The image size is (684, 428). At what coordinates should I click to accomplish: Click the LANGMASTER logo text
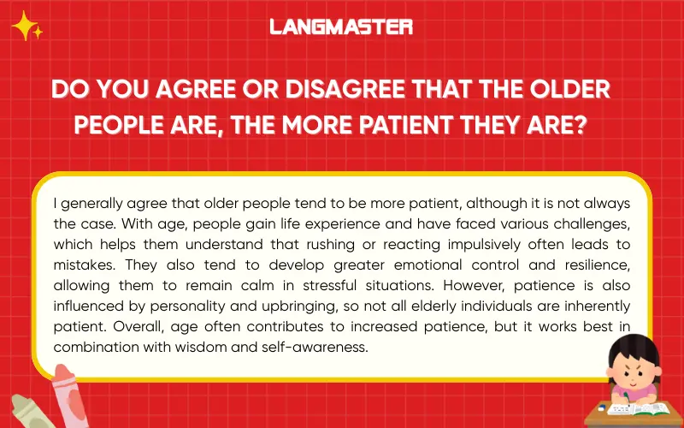(x=341, y=27)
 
